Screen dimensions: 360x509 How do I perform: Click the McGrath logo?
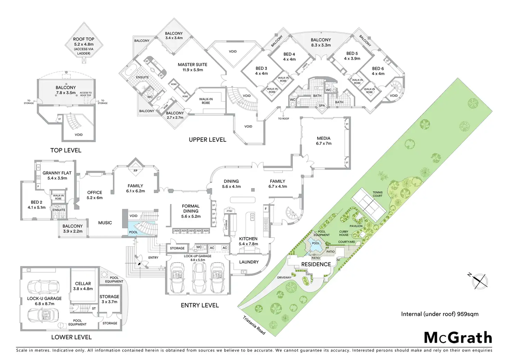457,338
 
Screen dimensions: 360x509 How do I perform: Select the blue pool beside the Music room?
133,232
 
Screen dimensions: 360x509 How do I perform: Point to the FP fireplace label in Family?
135,171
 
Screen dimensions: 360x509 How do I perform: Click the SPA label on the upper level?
322,105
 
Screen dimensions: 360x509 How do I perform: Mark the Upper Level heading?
207,140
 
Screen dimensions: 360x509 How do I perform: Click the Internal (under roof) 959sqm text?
439,314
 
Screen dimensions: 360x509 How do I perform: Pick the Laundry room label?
249,262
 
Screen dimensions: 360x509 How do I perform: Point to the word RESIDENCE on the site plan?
316,264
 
